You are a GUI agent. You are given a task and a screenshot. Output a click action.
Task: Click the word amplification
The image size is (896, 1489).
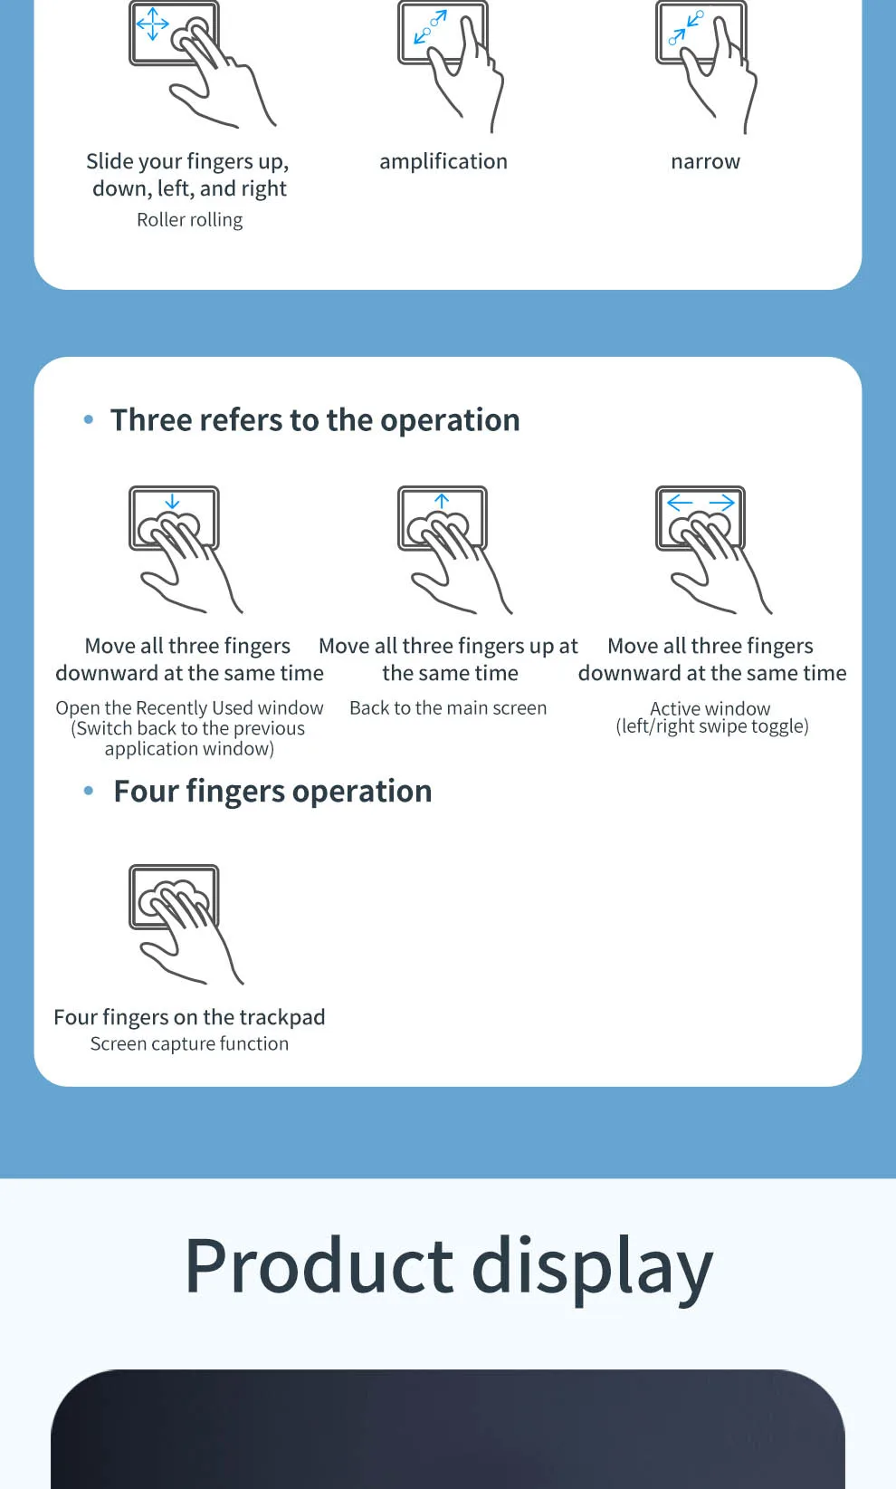pyautogui.click(x=443, y=161)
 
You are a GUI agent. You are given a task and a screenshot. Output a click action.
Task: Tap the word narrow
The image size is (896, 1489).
pyautogui.click(x=705, y=161)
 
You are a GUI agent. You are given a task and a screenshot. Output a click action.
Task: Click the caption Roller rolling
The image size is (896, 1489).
pyautogui.click(x=189, y=220)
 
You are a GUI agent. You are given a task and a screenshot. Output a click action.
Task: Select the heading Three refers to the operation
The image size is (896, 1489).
pyautogui.click(x=315, y=420)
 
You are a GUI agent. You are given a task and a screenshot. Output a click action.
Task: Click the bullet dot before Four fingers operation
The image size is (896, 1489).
pyautogui.click(x=89, y=791)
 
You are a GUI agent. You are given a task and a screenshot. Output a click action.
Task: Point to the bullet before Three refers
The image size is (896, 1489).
pyautogui.click(x=89, y=419)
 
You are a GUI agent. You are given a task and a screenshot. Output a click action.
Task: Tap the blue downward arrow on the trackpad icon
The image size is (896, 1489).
pyautogui.click(x=172, y=501)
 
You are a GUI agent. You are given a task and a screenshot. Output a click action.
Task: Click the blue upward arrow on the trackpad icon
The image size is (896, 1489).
pyautogui.click(x=442, y=501)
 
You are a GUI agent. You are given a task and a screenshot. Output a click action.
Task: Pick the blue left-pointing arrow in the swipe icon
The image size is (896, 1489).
pyautogui.click(x=679, y=502)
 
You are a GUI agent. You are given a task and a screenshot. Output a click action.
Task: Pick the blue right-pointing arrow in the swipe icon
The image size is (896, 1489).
pyautogui.click(x=722, y=502)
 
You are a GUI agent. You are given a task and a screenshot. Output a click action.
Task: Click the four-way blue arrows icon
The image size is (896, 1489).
pyautogui.click(x=152, y=24)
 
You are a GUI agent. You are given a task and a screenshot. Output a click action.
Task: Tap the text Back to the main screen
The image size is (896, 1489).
pyautogui.click(x=448, y=707)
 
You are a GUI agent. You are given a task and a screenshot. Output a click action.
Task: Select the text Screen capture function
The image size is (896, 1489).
pyautogui.click(x=189, y=1043)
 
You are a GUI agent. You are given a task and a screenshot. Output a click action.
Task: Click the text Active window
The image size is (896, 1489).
pyautogui.click(x=710, y=708)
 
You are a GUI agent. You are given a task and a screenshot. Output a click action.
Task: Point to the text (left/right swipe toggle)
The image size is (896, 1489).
pyautogui.click(x=712, y=726)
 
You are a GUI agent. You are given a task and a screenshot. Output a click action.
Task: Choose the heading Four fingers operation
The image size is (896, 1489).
pyautogui.click(x=272, y=792)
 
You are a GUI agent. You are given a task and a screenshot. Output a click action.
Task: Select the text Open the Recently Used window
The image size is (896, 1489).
pyautogui.click(x=189, y=707)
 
